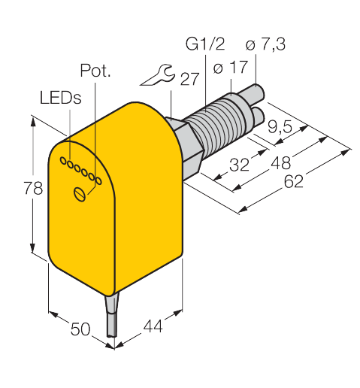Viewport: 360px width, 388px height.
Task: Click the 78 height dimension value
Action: click(x=33, y=188)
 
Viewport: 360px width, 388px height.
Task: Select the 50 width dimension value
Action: click(x=80, y=329)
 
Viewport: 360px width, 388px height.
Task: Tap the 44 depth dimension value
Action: click(x=153, y=326)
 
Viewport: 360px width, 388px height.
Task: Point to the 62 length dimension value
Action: click(x=294, y=181)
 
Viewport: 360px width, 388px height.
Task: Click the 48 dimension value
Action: click(x=281, y=162)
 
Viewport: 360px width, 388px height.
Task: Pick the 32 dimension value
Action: click(x=240, y=165)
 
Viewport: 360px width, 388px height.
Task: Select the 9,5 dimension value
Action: click(x=280, y=126)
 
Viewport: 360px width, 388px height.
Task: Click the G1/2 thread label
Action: click(x=205, y=44)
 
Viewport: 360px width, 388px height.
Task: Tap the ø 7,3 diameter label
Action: click(x=265, y=44)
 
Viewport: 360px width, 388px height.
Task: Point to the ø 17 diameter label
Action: click(x=231, y=67)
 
